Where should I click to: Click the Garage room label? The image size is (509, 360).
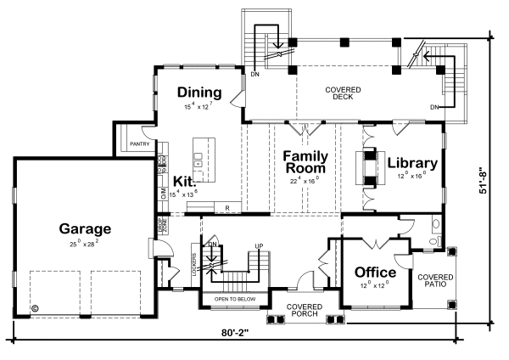[85, 228]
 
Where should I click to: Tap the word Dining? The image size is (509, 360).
[199, 93]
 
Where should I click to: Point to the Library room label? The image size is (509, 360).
[412, 163]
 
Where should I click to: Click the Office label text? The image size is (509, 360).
[375, 272]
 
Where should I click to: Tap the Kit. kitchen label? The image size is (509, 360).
[185, 181]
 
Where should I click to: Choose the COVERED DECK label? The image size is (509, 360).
[344, 93]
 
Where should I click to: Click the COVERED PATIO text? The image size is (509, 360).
[434, 281]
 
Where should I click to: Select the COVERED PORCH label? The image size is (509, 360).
[304, 310]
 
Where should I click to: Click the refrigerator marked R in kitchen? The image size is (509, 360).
[227, 207]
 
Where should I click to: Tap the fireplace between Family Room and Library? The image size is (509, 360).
[367, 168]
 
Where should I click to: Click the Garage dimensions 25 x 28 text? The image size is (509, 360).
[85, 243]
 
